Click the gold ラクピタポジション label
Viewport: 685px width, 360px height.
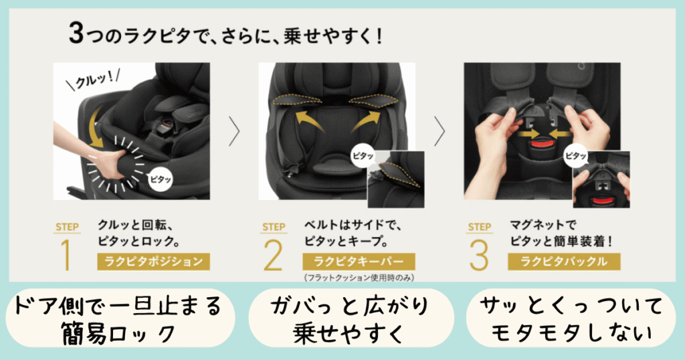pyautogui.click(x=153, y=261)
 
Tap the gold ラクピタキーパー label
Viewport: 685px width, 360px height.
pyautogui.click(x=359, y=261)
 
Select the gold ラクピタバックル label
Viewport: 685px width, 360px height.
pyautogui.click(x=564, y=261)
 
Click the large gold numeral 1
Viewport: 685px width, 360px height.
pyautogui.click(x=66, y=255)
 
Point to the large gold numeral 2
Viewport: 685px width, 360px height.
pyautogui.click(x=273, y=255)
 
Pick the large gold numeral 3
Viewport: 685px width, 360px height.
pyautogui.click(x=478, y=255)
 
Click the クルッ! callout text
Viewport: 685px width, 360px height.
pyautogui.click(x=92, y=79)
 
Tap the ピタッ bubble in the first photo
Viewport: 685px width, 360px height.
pyautogui.click(x=161, y=179)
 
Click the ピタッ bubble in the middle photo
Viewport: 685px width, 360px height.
pyautogui.click(x=363, y=155)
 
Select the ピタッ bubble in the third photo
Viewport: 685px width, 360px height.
pyautogui.click(x=576, y=155)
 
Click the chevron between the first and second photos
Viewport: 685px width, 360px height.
pyautogui.click(x=235, y=131)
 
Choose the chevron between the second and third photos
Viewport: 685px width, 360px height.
pyautogui.click(x=439, y=131)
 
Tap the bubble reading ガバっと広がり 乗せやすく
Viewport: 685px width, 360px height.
pyautogui.click(x=351, y=319)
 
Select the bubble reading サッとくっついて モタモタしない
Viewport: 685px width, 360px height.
pyautogui.click(x=571, y=319)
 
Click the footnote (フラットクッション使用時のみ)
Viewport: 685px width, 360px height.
pyautogui.click(x=359, y=278)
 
